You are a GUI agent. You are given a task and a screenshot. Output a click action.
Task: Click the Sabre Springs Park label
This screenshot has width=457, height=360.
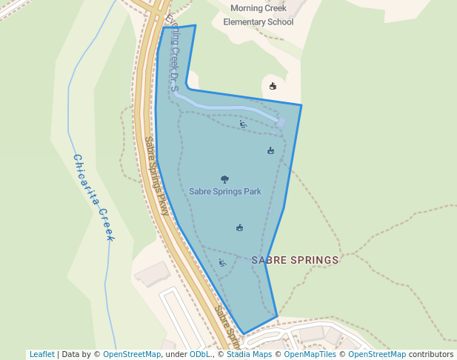pyautogui.click(x=225, y=191)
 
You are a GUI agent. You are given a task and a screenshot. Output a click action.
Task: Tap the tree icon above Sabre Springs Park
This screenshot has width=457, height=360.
pyautogui.click(x=225, y=179)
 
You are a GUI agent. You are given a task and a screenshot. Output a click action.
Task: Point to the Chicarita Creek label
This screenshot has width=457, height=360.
pyautogui.click(x=93, y=197)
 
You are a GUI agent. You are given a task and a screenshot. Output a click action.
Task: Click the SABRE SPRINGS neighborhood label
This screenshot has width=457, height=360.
pyautogui.click(x=295, y=260)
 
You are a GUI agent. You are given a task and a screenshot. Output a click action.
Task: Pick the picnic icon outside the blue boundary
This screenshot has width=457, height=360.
pyautogui.click(x=273, y=86)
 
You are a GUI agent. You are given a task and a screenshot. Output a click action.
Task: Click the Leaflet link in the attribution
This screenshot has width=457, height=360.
pyautogui.click(x=41, y=354)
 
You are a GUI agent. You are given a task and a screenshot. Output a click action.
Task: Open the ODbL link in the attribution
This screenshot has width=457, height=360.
pyautogui.click(x=200, y=354)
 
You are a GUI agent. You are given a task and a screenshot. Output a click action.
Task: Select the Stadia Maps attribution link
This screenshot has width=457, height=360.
pyautogui.click(x=249, y=354)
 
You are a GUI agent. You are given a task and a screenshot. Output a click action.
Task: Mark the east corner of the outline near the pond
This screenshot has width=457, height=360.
pyautogui.click(x=301, y=105)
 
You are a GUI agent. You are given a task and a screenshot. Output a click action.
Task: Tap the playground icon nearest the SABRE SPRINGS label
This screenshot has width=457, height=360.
pyautogui.click(x=222, y=262)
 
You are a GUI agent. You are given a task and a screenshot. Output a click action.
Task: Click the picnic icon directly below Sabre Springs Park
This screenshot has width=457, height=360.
pyautogui.click(x=239, y=227)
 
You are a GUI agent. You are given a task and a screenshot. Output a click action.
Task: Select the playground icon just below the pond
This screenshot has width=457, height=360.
pyautogui.click(x=243, y=124)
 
